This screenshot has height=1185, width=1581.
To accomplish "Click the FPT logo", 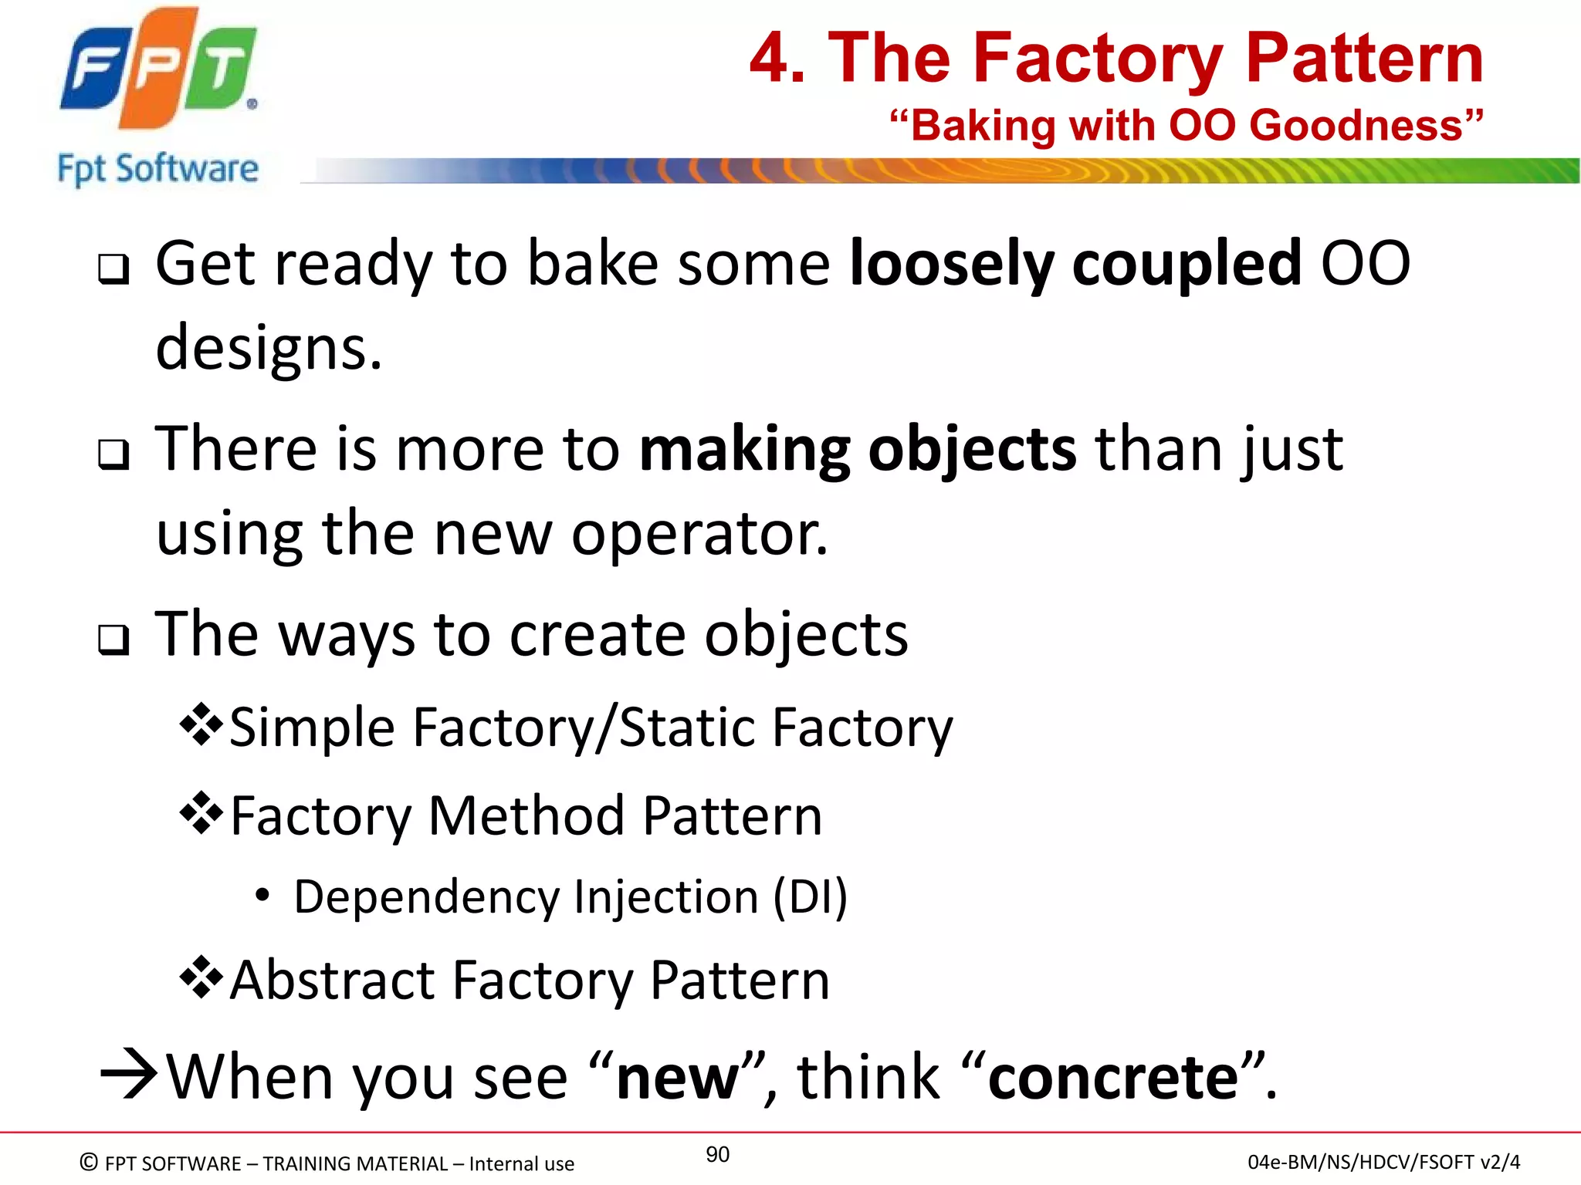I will click(158, 69).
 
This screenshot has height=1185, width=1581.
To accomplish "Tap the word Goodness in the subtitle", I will click(1356, 125).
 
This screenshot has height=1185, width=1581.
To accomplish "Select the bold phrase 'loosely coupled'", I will click(1075, 264).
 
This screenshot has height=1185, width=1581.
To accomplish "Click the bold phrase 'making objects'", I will click(858, 449).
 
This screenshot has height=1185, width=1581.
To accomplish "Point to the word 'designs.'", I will click(269, 349).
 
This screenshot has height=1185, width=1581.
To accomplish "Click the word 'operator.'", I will click(699, 534).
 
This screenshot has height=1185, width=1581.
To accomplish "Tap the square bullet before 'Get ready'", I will click(113, 269).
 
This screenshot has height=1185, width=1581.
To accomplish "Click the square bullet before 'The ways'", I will click(113, 640).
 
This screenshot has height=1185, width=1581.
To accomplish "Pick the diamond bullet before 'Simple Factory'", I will click(201, 724).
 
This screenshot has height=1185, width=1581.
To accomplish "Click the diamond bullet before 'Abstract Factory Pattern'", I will click(201, 977).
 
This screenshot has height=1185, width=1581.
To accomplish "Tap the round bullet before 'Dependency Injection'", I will click(262, 896).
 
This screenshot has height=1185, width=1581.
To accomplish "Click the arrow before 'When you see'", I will click(129, 1074).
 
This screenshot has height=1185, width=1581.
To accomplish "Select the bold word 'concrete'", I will click(1113, 1077).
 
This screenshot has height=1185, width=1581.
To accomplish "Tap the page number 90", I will click(717, 1154).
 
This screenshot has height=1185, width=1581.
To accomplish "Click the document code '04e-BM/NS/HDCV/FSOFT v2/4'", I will click(1383, 1162).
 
